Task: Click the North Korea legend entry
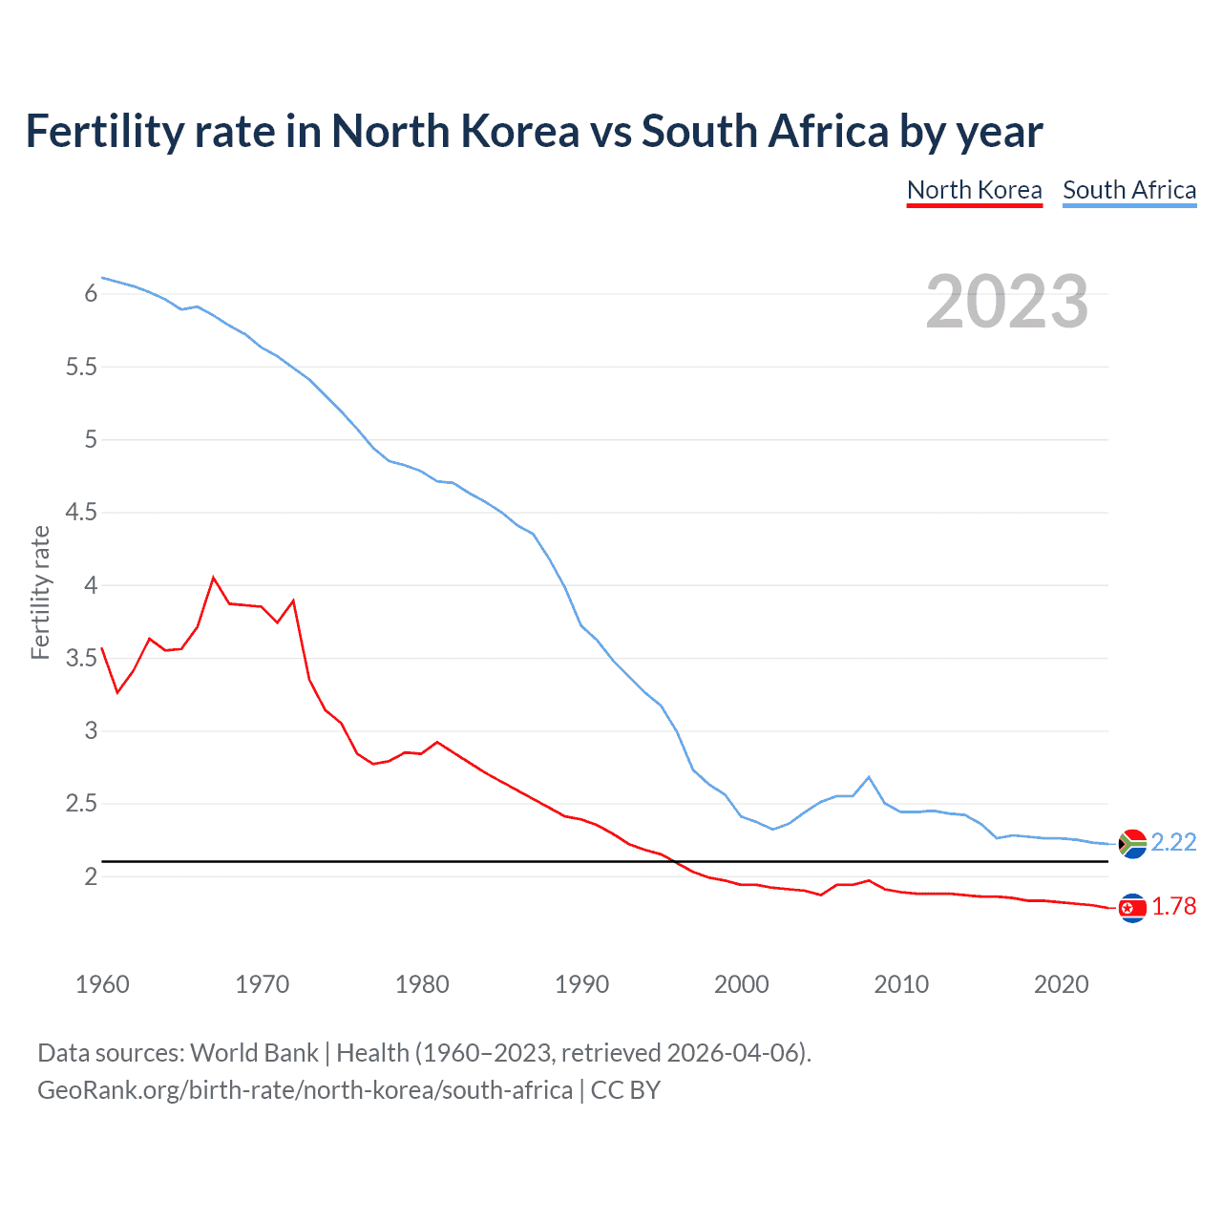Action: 974,190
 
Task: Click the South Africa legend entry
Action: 1129,190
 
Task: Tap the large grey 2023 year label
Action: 1006,302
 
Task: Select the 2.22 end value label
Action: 1173,842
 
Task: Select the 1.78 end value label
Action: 1173,906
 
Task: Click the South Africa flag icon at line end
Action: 1132,844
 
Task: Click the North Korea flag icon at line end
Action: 1132,908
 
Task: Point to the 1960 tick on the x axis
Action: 102,984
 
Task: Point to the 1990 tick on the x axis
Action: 581,984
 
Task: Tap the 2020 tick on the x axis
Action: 1061,984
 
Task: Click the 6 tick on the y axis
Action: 91,293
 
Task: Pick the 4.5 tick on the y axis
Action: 81,513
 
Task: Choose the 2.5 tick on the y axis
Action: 81,804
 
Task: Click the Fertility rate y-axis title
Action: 40,592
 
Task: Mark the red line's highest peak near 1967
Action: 214,578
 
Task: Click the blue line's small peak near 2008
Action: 869,777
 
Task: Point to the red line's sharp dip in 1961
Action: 117,692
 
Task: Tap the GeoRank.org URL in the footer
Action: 305,1089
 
